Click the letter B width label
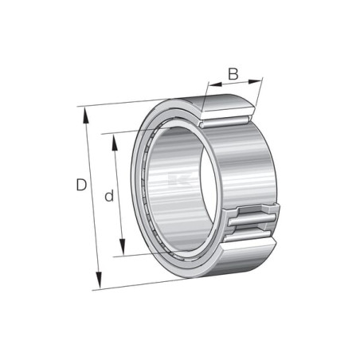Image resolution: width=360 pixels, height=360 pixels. (233, 74)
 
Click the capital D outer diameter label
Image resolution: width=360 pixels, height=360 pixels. (81, 185)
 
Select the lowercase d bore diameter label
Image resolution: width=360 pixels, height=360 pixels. (109, 196)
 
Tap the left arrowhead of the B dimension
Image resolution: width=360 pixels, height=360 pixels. (215, 84)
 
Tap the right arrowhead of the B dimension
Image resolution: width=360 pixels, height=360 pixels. (255, 81)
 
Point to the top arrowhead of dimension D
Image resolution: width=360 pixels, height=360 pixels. (85, 115)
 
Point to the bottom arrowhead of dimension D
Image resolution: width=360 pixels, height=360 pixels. (99, 280)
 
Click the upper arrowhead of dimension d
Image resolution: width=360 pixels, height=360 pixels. (115, 143)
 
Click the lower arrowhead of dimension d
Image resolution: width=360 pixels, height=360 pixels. (122, 247)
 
